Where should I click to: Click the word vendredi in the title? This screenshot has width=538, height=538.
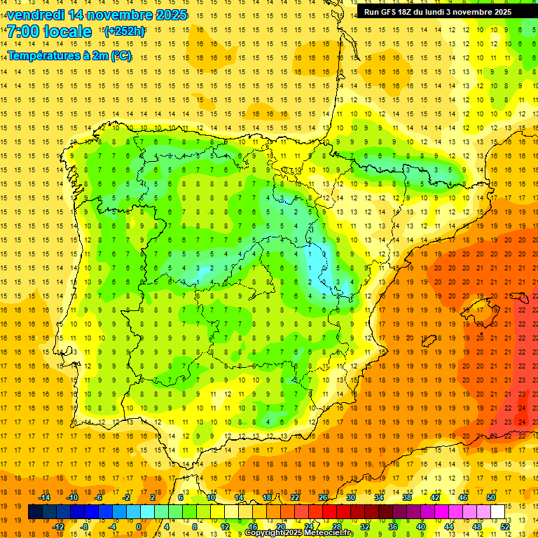pyautogui.click(x=33, y=15)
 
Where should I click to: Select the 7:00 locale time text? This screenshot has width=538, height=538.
pyautogui.click(x=49, y=32)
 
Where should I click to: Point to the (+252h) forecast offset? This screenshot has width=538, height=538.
pyautogui.click(x=125, y=32)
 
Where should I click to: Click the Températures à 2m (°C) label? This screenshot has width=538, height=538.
pyautogui.click(x=69, y=55)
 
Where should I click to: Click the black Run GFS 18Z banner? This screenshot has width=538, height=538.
pyautogui.click(x=437, y=12)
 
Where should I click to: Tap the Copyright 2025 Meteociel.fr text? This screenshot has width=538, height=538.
pyautogui.click(x=299, y=533)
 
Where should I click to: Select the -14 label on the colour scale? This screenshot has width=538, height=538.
pyautogui.click(x=43, y=497)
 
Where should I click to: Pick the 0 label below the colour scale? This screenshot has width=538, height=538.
pyautogui.click(x=139, y=527)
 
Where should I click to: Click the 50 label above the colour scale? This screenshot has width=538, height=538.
pyautogui.click(x=490, y=497)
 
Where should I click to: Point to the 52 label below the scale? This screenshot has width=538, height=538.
pyautogui.click(x=504, y=527)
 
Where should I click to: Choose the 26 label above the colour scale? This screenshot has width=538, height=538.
pyautogui.click(x=323, y=497)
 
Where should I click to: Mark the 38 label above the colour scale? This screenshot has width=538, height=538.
pyautogui.click(x=407, y=497)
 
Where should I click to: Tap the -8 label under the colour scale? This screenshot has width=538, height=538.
pyautogui.click(x=84, y=527)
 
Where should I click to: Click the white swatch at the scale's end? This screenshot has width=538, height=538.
pyautogui.click(x=497, y=512)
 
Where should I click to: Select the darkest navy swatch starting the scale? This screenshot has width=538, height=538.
pyautogui.click(x=35, y=512)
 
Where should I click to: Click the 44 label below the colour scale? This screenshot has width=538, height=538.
pyautogui.click(x=449, y=527)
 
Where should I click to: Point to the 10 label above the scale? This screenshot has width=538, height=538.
pyautogui.click(x=211, y=497)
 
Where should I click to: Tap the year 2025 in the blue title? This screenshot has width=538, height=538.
pyautogui.click(x=172, y=15)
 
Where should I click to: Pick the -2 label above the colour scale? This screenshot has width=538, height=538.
pyautogui.click(x=126, y=497)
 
